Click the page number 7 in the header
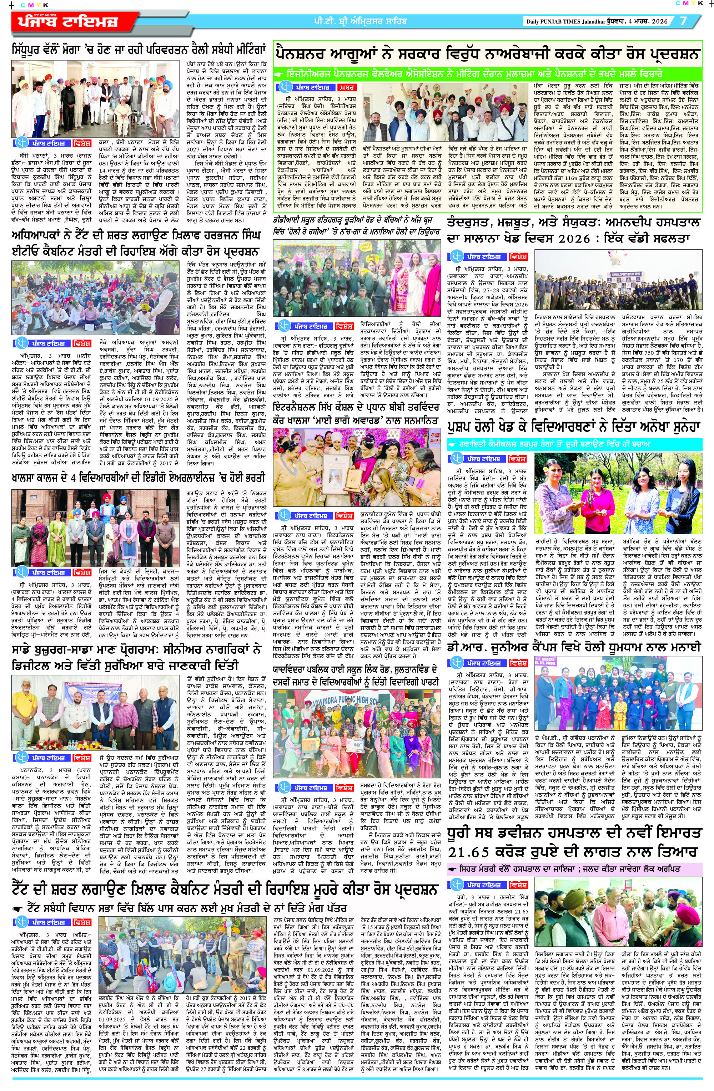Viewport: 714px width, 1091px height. [683, 21]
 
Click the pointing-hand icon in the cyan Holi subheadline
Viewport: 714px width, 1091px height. [453, 444]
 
